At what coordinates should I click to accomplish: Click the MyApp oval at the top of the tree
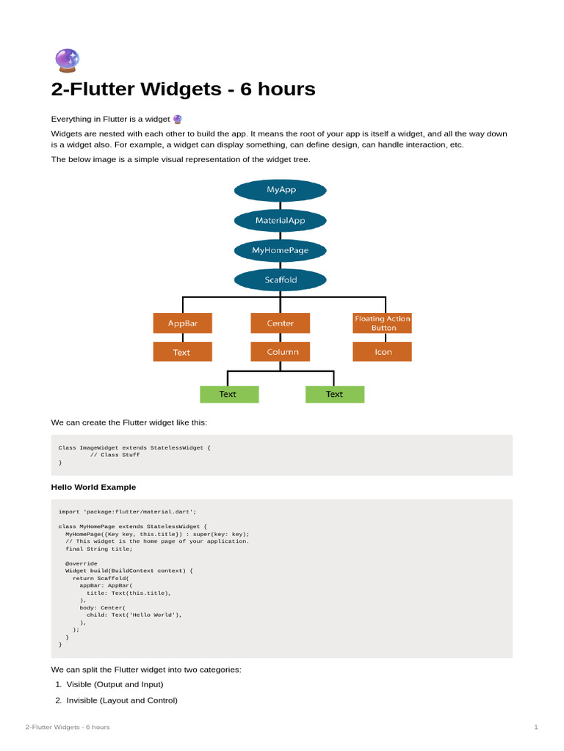point(280,190)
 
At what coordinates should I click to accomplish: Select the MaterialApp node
point(280,220)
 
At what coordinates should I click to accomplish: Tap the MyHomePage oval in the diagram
point(280,251)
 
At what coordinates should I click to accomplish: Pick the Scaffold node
point(280,280)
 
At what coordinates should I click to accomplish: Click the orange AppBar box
point(183,323)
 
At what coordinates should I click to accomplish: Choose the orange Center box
point(280,323)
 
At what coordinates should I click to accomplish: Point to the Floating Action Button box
point(382,323)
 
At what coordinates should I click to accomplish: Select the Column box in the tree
point(280,351)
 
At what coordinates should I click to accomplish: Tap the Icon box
point(382,351)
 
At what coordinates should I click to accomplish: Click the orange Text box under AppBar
point(183,351)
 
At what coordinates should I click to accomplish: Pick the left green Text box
point(229,394)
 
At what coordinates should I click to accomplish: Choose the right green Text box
point(335,394)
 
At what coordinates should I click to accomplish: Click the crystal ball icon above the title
point(67,60)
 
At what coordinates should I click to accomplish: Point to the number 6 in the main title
point(245,89)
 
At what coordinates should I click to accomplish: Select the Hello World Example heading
point(93,487)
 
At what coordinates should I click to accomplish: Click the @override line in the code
point(81,563)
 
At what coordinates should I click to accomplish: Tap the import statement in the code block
point(127,511)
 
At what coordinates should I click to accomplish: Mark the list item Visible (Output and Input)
point(115,684)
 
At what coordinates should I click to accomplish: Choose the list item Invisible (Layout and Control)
point(122,700)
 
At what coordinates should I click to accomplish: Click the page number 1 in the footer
point(536,727)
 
